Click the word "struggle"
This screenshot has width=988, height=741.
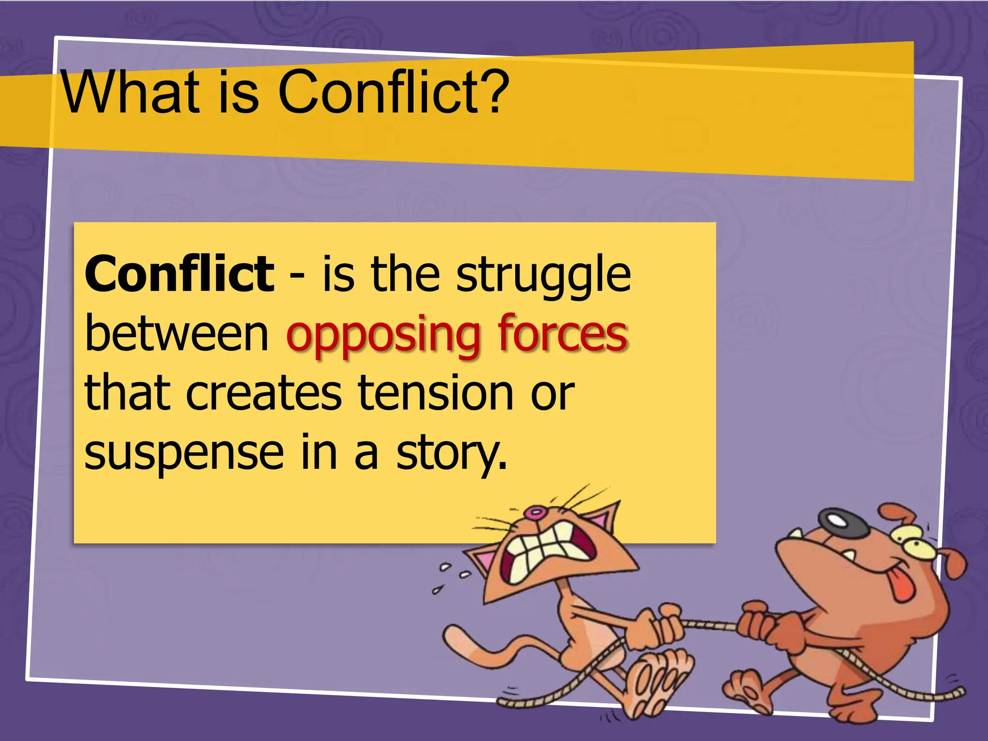[544, 276]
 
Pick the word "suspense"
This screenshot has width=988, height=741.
[184, 454]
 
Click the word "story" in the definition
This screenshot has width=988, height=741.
[451, 454]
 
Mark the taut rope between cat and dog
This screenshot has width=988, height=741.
[709, 625]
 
